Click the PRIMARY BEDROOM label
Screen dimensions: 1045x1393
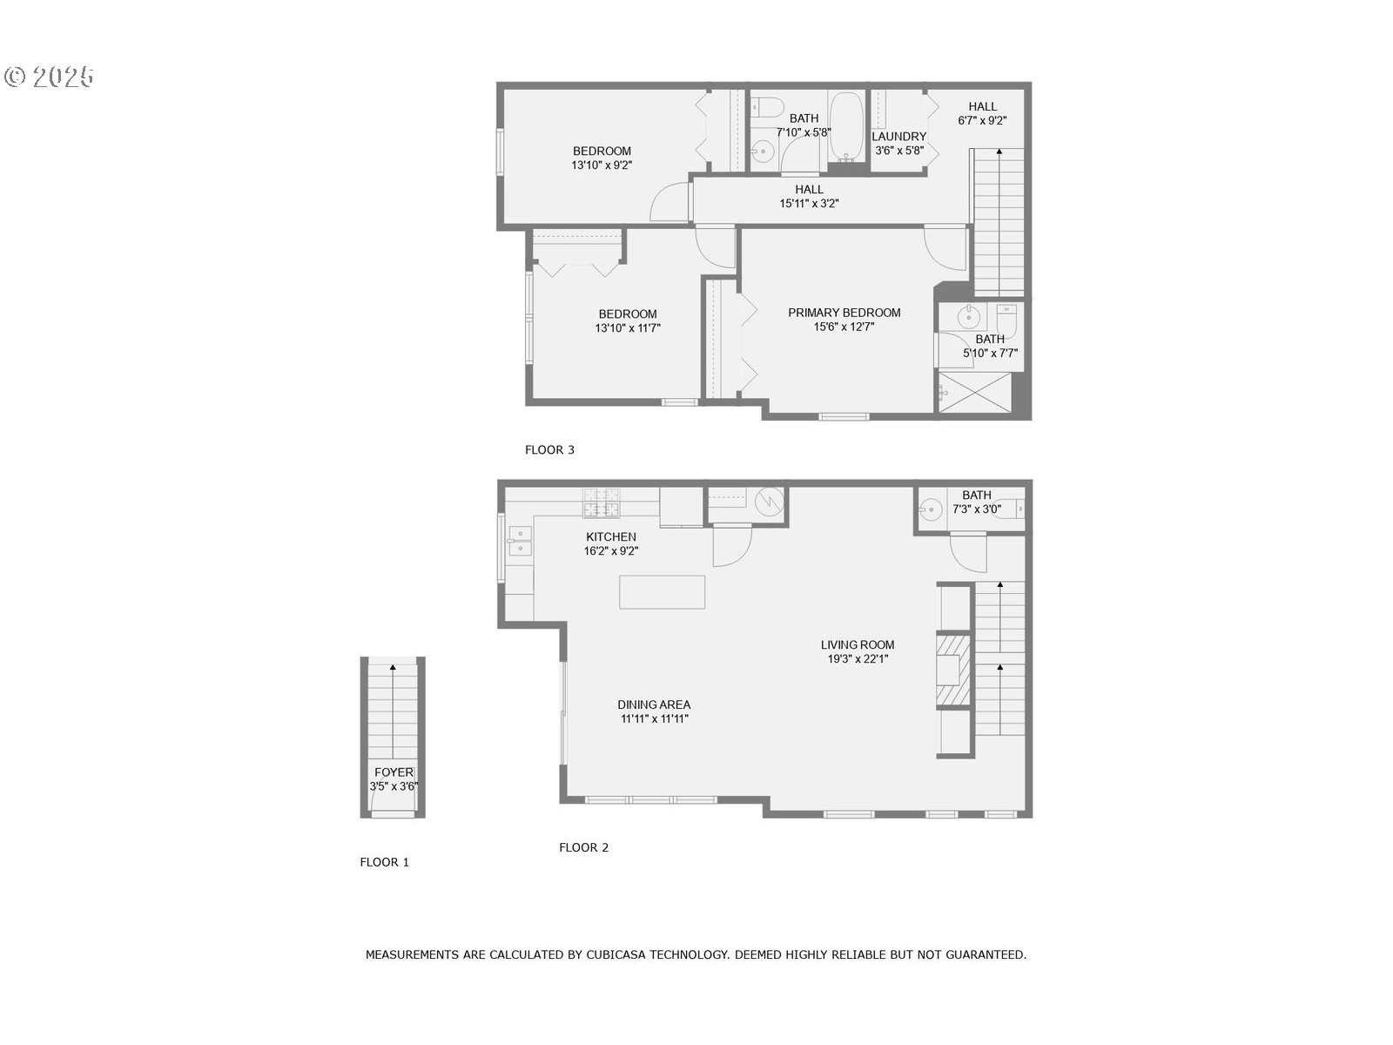[x=844, y=313]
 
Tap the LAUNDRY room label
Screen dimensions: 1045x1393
[x=898, y=137]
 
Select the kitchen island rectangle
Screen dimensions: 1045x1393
[x=662, y=592]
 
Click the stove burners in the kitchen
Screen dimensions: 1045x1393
[x=602, y=502]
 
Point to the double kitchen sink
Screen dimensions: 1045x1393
[x=519, y=542]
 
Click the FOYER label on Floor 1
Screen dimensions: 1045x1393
[x=394, y=772]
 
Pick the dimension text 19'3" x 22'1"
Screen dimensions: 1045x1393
[x=858, y=659]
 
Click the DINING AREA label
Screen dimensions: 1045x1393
[x=654, y=705]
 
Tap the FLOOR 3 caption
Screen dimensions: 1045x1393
[x=549, y=450]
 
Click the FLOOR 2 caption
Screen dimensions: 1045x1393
[x=583, y=847]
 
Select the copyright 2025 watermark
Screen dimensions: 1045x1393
[x=49, y=77]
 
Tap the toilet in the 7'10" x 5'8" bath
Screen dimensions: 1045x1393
[x=766, y=107]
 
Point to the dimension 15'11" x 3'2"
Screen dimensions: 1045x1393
[x=809, y=204]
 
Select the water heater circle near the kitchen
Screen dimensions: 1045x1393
[x=770, y=501]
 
